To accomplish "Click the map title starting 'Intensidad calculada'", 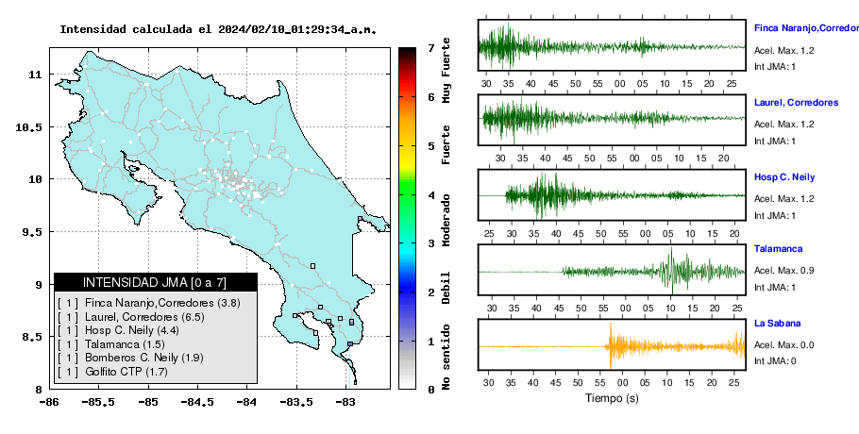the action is (218, 29).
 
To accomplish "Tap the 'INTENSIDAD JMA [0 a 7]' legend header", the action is (155, 282).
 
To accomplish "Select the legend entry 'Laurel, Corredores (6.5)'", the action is (145, 316).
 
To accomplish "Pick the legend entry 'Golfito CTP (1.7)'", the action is (126, 372).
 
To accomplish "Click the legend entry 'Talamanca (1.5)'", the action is (125, 344).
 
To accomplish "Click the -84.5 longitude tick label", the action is (197, 402).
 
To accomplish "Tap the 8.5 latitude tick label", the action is (31, 337).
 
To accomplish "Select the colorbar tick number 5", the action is (431, 146).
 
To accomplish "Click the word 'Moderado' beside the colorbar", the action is (446, 220).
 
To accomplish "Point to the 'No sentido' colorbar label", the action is (446, 357).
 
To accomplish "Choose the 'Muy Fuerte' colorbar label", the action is (446, 70).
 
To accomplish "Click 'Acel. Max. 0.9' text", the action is (783, 271).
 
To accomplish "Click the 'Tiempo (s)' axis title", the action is (612, 398).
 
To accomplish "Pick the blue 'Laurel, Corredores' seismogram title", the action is (796, 103).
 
